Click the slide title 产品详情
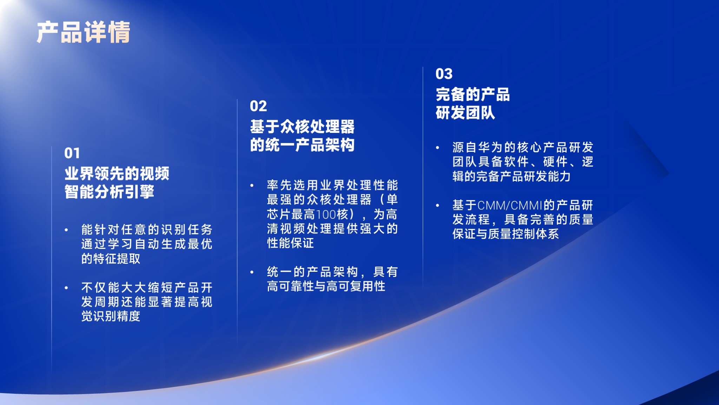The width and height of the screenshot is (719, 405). click(84, 32)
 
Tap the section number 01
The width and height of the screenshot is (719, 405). click(72, 153)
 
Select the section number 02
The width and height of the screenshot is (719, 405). click(258, 106)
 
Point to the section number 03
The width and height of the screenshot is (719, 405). click(444, 74)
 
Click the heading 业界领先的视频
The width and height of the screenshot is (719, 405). click(117, 173)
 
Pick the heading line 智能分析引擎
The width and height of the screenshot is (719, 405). click(110, 192)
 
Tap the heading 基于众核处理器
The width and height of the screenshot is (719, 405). click(302, 127)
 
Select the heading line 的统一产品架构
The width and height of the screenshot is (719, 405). click(302, 145)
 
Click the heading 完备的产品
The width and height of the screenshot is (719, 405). click(473, 94)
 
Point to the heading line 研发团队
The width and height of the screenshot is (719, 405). click(466, 113)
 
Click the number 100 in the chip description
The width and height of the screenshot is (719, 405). click(326, 214)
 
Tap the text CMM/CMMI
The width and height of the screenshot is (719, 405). click(510, 205)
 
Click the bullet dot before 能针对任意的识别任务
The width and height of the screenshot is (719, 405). click(66, 230)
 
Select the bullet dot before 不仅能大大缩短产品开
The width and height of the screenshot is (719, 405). click(66, 288)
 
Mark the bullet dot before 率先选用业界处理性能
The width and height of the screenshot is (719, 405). click(252, 186)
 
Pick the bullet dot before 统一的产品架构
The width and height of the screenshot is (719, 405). click(252, 272)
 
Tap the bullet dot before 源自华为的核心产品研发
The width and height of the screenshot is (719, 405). click(438, 148)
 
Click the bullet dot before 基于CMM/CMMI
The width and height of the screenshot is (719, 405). click(438, 205)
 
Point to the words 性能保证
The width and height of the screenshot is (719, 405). click(290, 243)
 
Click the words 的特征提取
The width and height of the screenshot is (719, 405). click(111, 259)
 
